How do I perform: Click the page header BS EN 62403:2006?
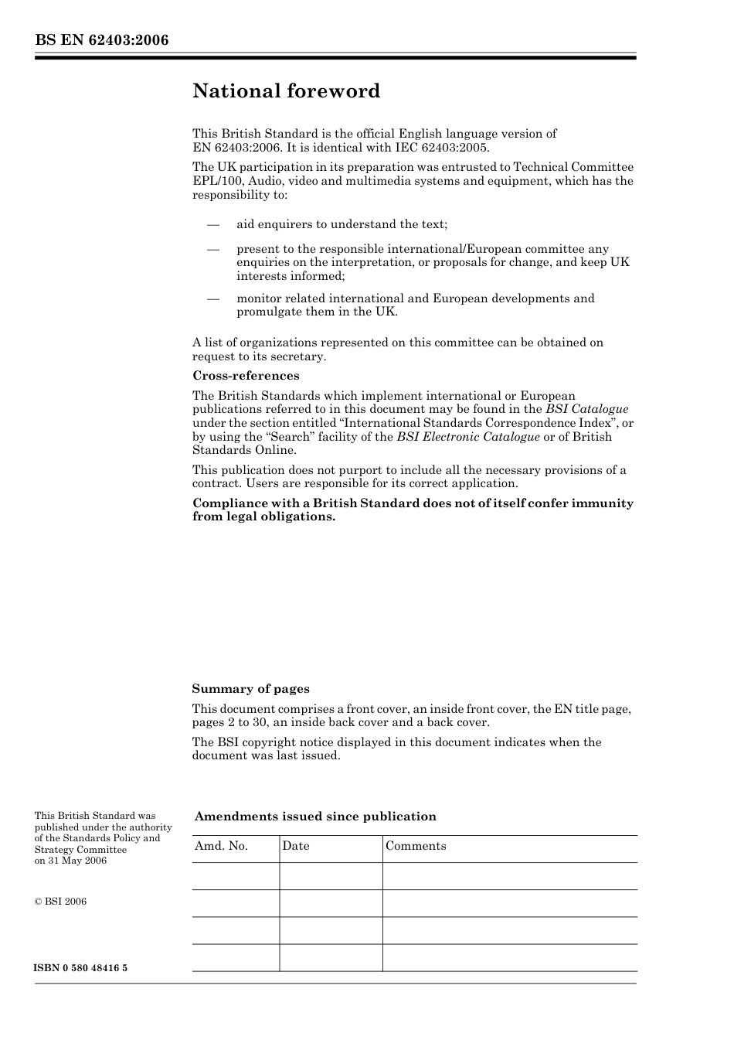101,40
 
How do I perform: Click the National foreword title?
287,91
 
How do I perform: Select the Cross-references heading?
246,376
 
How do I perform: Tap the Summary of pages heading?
250,689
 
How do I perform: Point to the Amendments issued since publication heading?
315,817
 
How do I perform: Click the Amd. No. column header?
221,846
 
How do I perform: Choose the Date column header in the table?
295,846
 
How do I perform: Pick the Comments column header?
416,846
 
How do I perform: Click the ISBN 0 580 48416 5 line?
81,968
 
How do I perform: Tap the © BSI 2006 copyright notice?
60,902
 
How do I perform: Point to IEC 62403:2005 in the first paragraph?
450,148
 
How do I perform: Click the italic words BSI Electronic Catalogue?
468,437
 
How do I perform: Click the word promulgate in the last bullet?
270,312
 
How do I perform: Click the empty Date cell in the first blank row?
331,876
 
